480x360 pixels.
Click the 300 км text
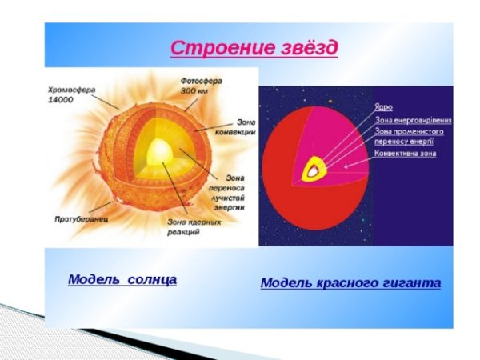point(194,91)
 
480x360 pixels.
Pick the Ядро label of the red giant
point(384,106)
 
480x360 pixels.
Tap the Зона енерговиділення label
point(413,120)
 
